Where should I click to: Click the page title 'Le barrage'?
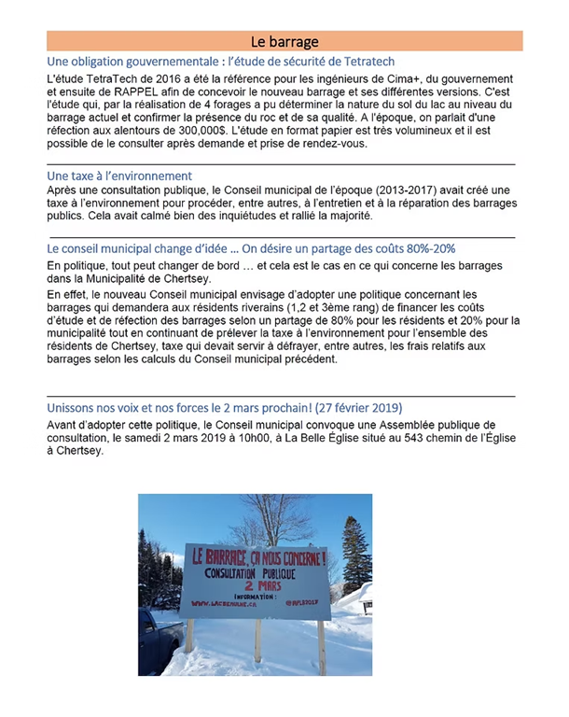coord(284,41)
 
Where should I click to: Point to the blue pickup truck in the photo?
coord(156,634)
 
